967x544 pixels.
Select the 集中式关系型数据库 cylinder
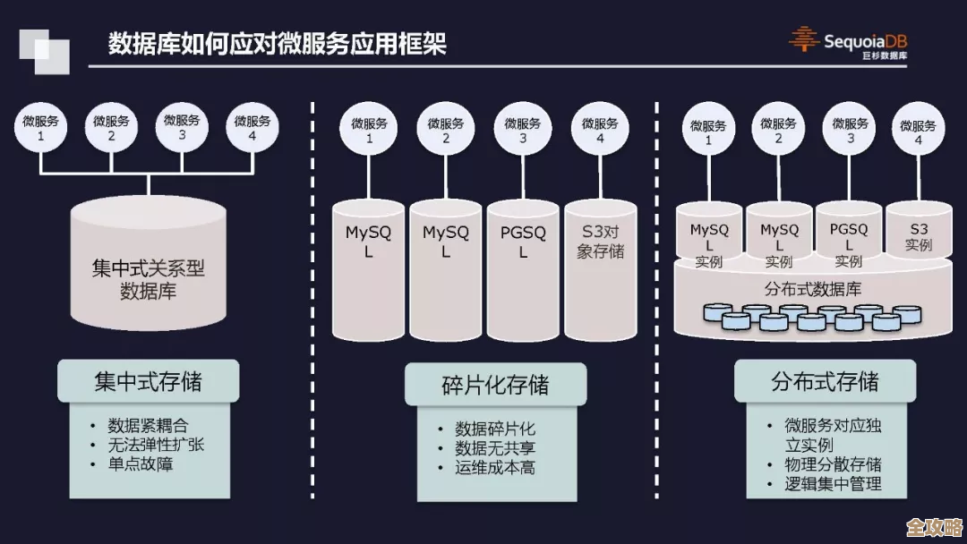coord(149,268)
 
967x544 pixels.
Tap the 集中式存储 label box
coord(149,382)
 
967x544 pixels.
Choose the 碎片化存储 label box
coord(495,386)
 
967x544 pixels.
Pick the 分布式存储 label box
coord(825,382)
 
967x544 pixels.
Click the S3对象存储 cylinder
coord(600,268)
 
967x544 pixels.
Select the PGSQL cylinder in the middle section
coord(523,268)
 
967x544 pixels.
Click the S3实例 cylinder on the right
coord(919,235)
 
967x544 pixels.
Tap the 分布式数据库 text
coord(813,290)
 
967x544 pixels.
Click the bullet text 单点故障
coord(141,464)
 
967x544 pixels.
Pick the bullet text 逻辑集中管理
coord(833,484)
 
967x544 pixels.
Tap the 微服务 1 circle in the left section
coord(40,128)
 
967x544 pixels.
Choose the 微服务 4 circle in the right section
coord(918,132)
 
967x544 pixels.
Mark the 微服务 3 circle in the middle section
coord(523,131)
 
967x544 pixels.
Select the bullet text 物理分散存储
coord(833,464)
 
